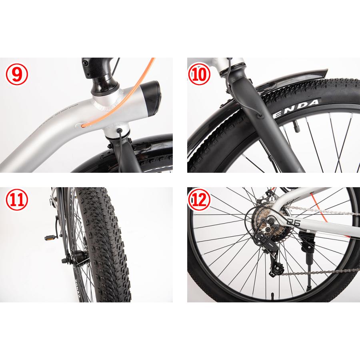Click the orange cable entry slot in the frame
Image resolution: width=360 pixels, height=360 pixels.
[x=82, y=125]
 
